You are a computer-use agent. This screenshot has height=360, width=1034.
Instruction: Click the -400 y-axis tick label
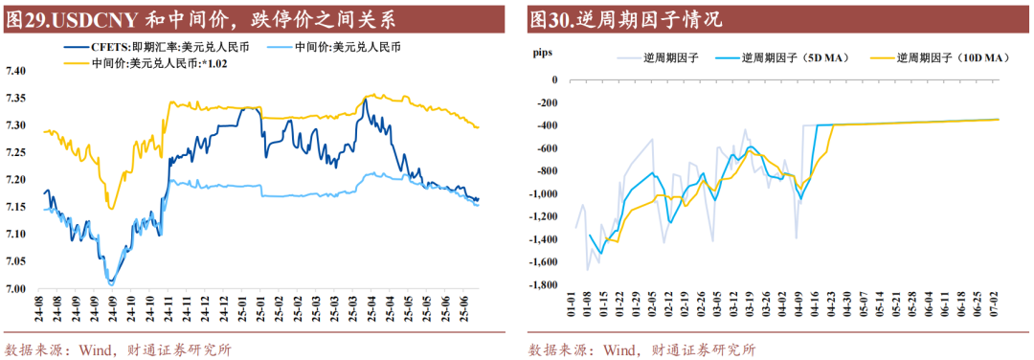tap(545, 125)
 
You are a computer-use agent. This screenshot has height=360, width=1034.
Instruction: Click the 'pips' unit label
tap(541, 55)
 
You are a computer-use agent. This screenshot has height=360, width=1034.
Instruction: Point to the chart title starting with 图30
tap(625, 19)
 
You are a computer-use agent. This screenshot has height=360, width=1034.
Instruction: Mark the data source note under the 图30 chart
tap(641, 349)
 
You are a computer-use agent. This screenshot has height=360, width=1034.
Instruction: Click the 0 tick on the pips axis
tap(552, 79)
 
